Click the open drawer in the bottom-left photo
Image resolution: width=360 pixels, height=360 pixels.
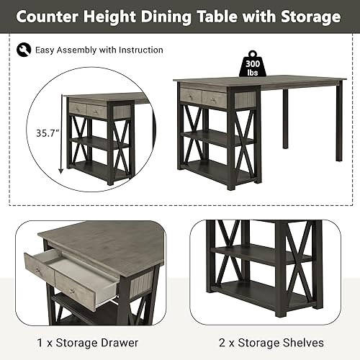(72, 277)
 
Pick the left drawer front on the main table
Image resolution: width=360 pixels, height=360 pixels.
(191, 95)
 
